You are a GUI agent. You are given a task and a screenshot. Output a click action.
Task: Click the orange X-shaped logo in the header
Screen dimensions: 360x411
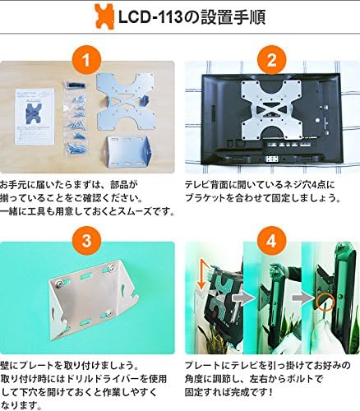(104, 16)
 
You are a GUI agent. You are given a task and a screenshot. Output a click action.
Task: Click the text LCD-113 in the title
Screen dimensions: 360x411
(150, 17)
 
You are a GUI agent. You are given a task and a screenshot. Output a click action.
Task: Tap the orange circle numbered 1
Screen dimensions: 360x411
(86, 60)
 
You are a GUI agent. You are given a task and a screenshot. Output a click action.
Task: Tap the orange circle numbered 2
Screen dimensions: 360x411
(271, 60)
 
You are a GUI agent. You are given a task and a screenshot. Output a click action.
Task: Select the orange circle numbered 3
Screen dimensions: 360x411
(86, 241)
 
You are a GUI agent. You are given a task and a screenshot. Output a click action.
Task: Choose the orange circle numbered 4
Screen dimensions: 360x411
(271, 241)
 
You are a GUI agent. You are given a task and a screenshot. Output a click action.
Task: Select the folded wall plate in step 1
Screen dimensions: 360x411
(128, 152)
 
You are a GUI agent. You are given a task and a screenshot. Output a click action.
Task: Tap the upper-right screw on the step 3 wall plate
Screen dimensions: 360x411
(111, 268)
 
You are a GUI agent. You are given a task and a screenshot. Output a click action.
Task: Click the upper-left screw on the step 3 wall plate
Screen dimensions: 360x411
(60, 284)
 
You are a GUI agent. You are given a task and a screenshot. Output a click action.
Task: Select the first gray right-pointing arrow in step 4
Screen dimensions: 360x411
(243, 298)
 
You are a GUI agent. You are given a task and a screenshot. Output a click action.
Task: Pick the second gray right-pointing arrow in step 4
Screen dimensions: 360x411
(303, 298)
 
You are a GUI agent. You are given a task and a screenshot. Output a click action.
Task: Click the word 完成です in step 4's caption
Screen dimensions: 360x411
(248, 392)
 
